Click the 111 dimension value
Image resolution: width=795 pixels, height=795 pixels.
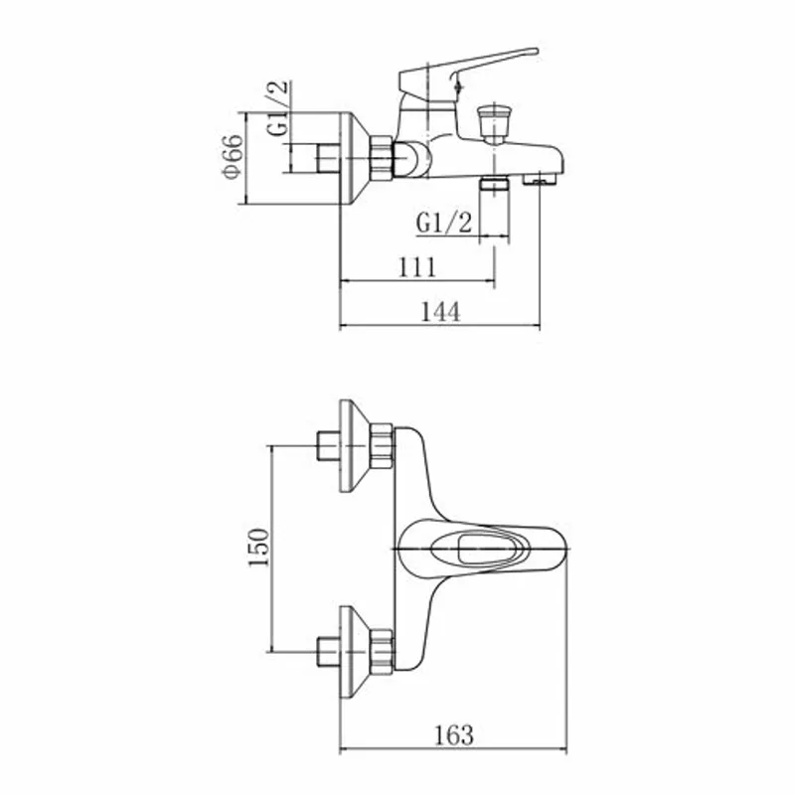coord(416,267)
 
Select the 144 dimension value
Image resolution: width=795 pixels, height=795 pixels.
coord(440,312)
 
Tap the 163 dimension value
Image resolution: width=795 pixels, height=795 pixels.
coord(454,735)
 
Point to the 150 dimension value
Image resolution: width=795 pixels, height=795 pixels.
coord(258,548)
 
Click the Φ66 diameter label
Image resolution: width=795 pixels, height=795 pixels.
coord(233,157)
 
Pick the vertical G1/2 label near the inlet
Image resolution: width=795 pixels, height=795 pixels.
coord(278,108)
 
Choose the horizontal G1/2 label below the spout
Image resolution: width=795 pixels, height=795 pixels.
coord(444,223)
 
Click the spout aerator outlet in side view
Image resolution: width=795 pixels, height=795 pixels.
coord(540,179)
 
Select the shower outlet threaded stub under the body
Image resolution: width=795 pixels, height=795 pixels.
coord(494,183)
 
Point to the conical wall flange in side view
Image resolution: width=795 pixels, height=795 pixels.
coord(355,158)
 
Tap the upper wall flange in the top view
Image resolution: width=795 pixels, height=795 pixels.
coord(355,445)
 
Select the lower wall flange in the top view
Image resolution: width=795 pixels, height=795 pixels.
coord(355,652)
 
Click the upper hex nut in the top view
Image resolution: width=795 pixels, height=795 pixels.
coord(382,445)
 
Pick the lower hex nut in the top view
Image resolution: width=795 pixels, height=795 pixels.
coord(382,652)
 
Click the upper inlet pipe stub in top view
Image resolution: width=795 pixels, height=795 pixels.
coord(329,445)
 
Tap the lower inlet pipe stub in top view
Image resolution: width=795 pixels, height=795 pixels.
coord(329,652)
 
